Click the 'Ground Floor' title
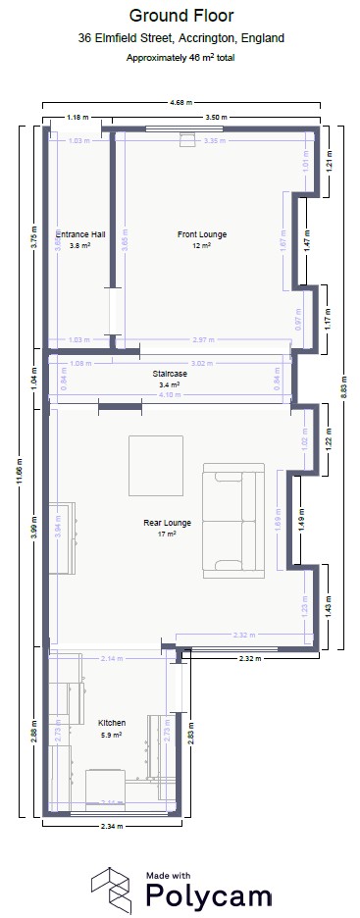click(x=180, y=17)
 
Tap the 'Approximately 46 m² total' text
click(x=180, y=58)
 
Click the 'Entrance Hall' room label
click(x=80, y=235)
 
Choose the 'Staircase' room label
click(x=170, y=375)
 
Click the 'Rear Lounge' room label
click(x=167, y=524)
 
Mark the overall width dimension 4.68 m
click(x=180, y=103)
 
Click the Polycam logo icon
click(x=113, y=890)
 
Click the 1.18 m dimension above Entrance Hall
click(x=77, y=118)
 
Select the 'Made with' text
click(x=169, y=873)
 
